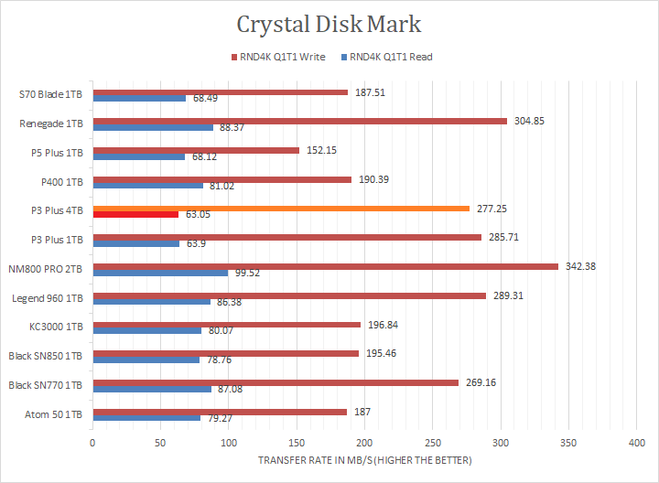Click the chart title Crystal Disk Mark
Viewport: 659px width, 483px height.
tap(329, 24)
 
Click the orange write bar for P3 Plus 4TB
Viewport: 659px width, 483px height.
tap(281, 209)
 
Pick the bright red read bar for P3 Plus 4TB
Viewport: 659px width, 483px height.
tap(135, 215)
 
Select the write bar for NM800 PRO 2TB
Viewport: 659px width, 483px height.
tap(325, 266)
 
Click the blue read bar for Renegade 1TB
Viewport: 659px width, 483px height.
tap(153, 127)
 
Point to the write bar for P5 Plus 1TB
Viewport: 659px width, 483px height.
tap(196, 150)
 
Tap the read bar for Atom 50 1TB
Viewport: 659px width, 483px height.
tap(146, 418)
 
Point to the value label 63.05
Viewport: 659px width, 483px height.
tap(199, 215)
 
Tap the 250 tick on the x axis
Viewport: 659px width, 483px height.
tap(433, 443)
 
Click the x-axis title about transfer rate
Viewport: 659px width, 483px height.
tap(364, 459)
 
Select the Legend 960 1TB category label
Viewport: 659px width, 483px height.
tap(51, 298)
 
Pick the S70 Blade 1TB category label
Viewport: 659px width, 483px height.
tap(51, 93)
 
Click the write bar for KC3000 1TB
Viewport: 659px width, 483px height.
tap(228, 324)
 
